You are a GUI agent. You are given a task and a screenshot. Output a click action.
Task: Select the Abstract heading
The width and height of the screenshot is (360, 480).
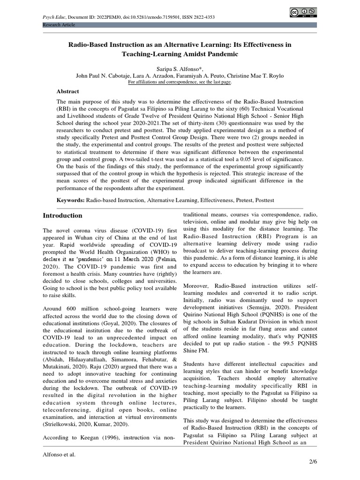[68, 91]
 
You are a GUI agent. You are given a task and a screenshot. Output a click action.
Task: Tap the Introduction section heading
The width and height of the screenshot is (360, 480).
[62, 216]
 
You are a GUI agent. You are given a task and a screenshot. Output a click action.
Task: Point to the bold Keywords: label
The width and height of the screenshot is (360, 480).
[70, 200]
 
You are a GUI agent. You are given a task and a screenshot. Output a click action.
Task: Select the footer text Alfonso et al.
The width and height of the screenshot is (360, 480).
[59, 454]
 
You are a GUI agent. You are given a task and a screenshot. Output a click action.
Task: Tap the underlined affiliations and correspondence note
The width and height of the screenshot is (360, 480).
[180, 82]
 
